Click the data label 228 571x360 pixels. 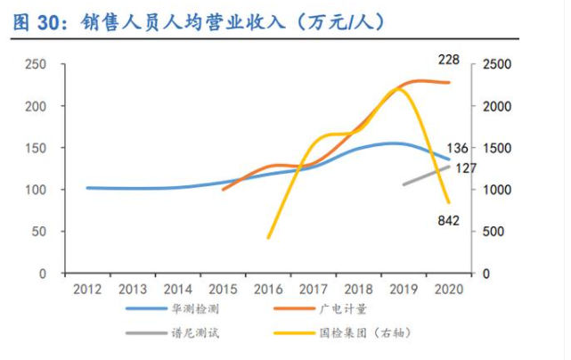(x=448, y=60)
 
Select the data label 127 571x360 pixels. (x=465, y=168)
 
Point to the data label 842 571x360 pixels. (x=448, y=220)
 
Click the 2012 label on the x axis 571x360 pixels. (x=86, y=289)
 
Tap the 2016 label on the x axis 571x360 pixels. (x=268, y=289)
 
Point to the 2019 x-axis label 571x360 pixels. (x=404, y=289)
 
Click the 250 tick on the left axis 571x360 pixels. (x=36, y=64)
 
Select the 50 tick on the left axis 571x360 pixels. (x=38, y=232)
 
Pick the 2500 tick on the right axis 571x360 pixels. (x=497, y=64)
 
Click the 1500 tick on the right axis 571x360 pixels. (x=497, y=148)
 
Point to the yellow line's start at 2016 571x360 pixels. (x=268, y=237)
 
